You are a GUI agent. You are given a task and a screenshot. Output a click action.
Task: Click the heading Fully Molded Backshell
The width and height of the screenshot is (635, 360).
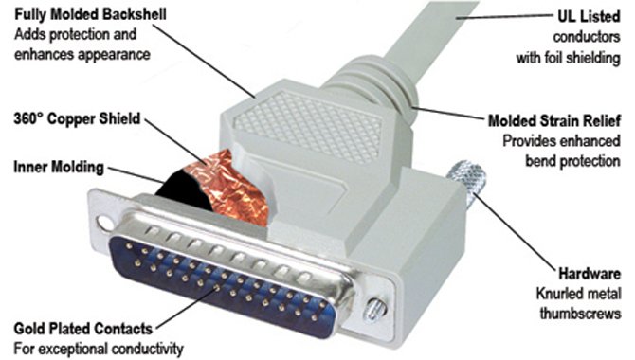click(x=90, y=14)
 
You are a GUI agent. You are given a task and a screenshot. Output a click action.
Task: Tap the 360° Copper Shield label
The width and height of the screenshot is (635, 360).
click(x=77, y=119)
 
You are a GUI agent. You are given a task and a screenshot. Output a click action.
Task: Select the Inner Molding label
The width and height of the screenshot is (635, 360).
click(x=59, y=167)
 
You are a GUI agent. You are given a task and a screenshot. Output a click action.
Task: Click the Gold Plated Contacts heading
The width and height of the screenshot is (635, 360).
click(x=83, y=329)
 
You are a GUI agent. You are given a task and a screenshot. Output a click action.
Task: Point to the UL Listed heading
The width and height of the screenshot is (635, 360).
click(x=589, y=16)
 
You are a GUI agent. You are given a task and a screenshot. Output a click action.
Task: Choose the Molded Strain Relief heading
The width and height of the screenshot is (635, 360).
click(x=554, y=120)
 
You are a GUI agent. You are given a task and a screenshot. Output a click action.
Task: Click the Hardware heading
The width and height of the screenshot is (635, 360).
click(x=590, y=274)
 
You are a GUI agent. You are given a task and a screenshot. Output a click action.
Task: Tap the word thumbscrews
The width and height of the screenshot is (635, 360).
click(x=580, y=314)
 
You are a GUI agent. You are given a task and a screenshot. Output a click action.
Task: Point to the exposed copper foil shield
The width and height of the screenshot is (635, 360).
click(x=227, y=187)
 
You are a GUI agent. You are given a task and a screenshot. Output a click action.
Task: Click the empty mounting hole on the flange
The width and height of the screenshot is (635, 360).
click(x=104, y=223)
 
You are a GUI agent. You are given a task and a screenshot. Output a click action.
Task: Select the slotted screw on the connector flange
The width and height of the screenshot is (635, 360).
click(x=373, y=310)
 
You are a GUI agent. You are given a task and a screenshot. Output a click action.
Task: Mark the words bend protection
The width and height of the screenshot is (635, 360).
click(x=573, y=161)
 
